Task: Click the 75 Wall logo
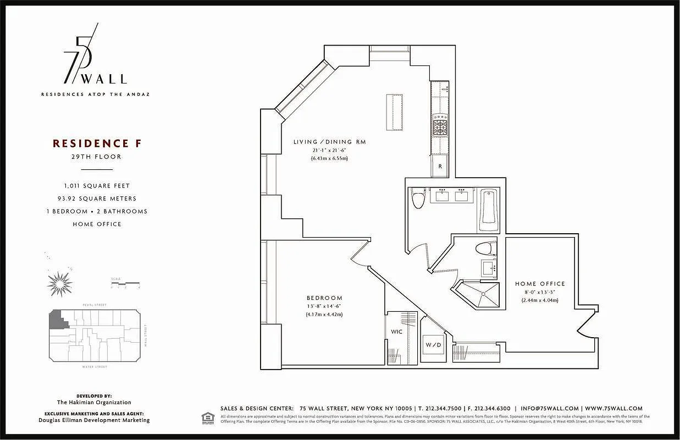pyautogui.click(x=95, y=58)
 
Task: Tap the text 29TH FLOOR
pyautogui.click(x=96, y=157)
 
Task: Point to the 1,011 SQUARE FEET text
pyautogui.click(x=97, y=186)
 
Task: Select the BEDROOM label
pyautogui.click(x=324, y=298)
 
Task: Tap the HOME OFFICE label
pyautogui.click(x=540, y=284)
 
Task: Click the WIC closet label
pyautogui.click(x=397, y=332)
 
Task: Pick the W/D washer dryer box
pyautogui.click(x=433, y=345)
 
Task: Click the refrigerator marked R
pyautogui.click(x=440, y=166)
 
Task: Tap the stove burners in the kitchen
pyautogui.click(x=440, y=124)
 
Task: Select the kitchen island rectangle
pyautogui.click(x=394, y=112)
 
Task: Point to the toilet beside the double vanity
pyautogui.click(x=418, y=199)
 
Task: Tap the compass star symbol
pyautogui.click(x=59, y=283)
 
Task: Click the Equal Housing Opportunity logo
pyautogui.click(x=207, y=417)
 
